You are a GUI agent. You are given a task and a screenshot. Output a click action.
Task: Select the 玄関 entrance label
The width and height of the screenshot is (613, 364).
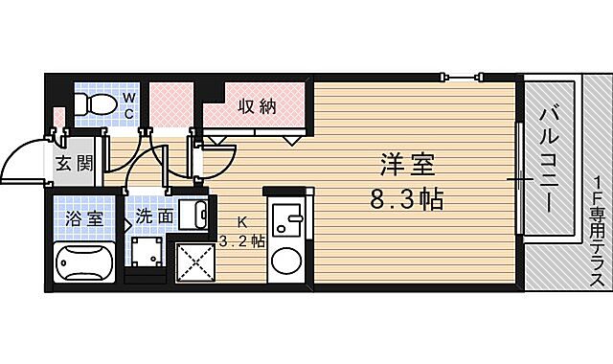click(x=74, y=162)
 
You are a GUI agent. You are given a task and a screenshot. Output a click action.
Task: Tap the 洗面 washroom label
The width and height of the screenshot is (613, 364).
click(x=153, y=216)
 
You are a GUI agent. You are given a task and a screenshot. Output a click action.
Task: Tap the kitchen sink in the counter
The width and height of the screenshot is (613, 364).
click(x=284, y=221)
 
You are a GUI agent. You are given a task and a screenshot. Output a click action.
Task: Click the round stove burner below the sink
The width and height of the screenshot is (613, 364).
click(x=285, y=260)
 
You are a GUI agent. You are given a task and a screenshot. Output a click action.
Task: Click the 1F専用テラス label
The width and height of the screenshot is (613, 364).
click(x=596, y=230)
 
